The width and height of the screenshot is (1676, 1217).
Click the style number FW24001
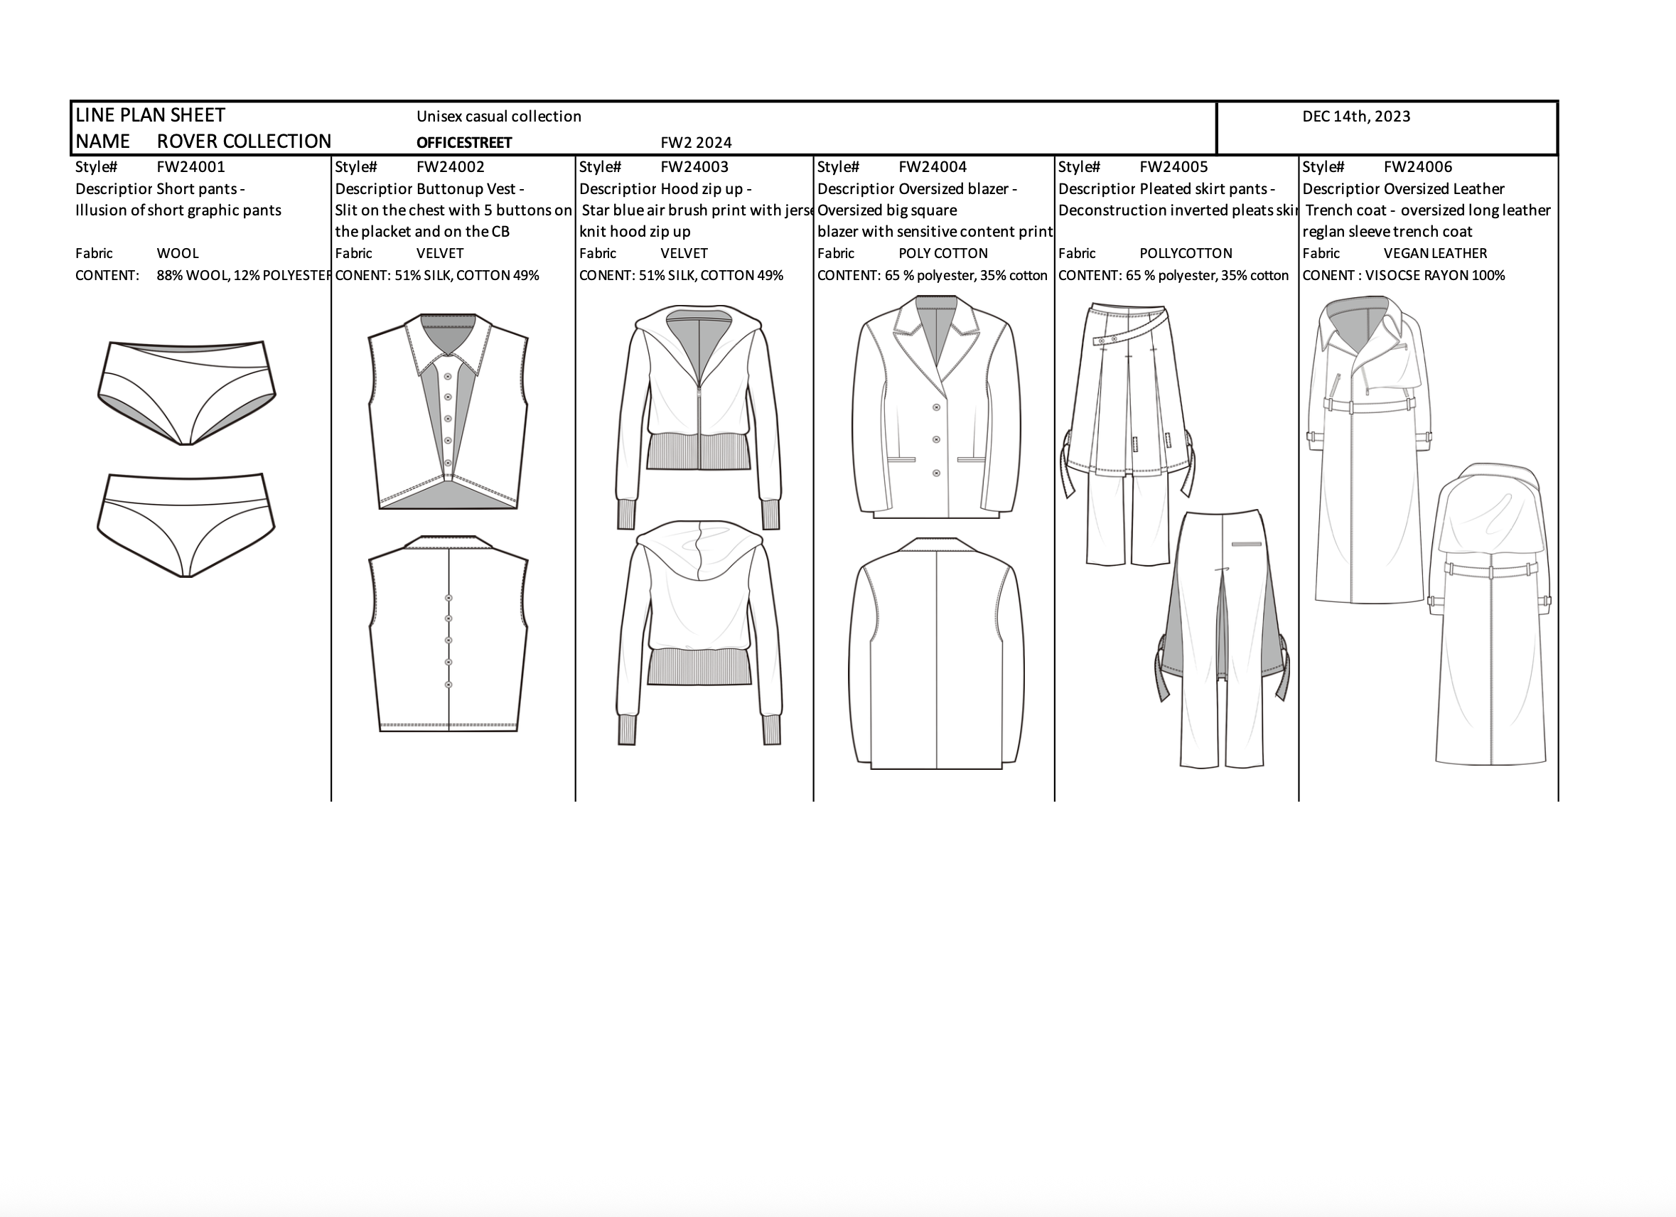pos(190,167)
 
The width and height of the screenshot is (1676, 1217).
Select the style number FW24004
pos(933,167)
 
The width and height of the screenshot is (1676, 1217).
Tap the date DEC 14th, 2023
pos(1356,117)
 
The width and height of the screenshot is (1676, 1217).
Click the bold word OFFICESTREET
pos(464,143)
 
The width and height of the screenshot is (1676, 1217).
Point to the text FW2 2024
pos(696,143)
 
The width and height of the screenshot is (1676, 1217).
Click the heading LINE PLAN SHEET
pos(150,115)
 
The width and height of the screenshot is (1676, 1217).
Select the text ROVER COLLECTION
pos(244,141)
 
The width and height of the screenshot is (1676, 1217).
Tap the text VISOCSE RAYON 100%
pos(1435,276)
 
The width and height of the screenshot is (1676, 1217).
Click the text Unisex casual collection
pos(499,117)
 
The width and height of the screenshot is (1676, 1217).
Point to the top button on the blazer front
pos(937,407)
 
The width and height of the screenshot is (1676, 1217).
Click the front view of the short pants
pos(186,392)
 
